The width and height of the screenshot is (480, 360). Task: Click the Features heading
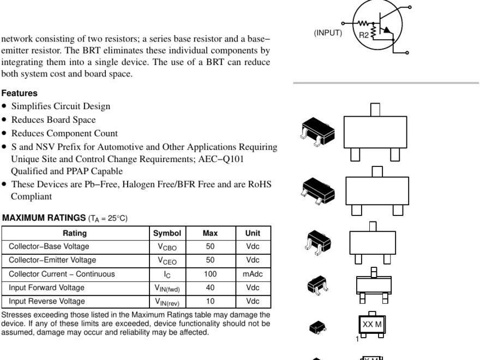(x=19, y=93)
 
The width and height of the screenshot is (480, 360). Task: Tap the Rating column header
(x=75, y=233)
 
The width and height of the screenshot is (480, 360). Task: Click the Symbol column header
(x=167, y=233)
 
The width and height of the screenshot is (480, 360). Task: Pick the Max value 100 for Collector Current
(x=210, y=274)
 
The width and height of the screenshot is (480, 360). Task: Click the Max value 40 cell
(x=210, y=287)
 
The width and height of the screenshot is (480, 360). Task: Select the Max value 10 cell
(x=210, y=301)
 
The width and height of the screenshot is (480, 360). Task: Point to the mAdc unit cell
(x=253, y=274)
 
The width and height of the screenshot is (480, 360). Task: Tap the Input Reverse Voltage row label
(x=46, y=301)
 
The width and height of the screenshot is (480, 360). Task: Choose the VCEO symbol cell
(x=167, y=261)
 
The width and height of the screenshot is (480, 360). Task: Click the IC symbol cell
(x=167, y=274)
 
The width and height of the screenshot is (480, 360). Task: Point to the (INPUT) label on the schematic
(x=328, y=33)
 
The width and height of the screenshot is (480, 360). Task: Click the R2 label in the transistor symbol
(x=364, y=35)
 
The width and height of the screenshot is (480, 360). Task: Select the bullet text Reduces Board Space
(x=53, y=120)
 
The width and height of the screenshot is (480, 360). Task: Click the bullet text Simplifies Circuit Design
(x=61, y=106)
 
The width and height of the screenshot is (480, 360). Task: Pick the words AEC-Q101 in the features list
(x=223, y=159)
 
